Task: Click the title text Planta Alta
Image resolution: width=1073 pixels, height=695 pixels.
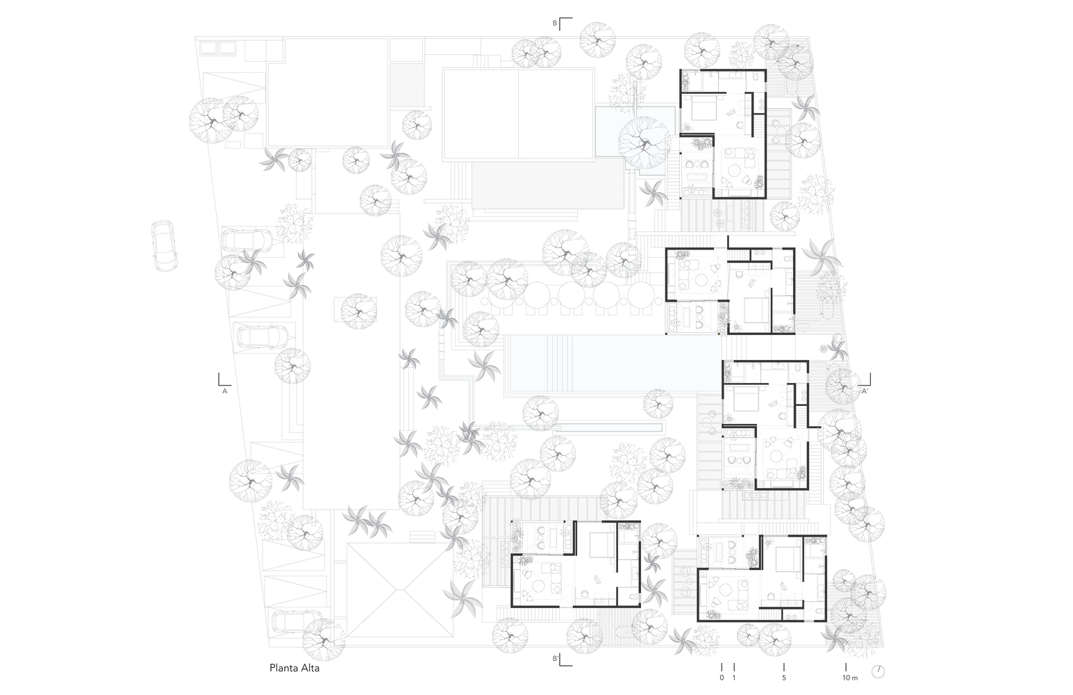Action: click(294, 668)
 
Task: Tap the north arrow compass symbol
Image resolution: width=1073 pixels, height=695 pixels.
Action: click(878, 671)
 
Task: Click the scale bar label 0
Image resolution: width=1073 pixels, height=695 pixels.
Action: click(722, 678)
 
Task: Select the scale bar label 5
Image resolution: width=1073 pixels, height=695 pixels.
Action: click(783, 678)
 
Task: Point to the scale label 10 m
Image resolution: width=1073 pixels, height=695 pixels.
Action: click(850, 678)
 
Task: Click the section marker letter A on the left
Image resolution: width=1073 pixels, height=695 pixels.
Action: click(224, 391)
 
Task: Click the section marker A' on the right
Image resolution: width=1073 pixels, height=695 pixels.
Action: click(865, 391)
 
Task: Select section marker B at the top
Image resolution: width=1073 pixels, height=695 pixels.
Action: click(555, 23)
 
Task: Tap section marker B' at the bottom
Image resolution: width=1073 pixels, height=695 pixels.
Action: click(556, 658)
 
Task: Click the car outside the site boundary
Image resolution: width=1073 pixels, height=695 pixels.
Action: click(164, 245)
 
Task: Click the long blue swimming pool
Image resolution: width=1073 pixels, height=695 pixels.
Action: click(615, 363)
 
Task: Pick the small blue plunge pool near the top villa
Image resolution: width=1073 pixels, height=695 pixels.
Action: click(635, 131)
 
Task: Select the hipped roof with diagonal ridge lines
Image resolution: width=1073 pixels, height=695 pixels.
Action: click(399, 589)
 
